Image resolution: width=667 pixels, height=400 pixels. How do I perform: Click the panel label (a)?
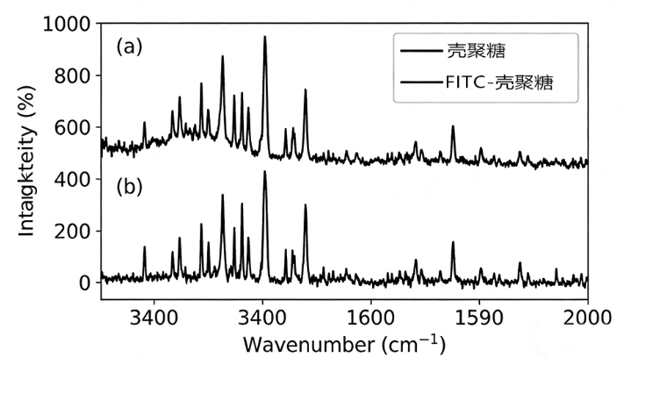[x=129, y=46]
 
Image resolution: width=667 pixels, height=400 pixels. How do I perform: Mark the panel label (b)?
[x=129, y=187]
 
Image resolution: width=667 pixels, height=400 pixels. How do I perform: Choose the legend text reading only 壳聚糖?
[x=475, y=50]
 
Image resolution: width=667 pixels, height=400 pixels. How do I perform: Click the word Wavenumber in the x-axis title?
[x=298, y=344]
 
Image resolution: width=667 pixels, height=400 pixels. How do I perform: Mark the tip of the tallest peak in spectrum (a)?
[x=264, y=37]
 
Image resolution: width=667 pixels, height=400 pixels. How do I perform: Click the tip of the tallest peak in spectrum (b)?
[x=264, y=172]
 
